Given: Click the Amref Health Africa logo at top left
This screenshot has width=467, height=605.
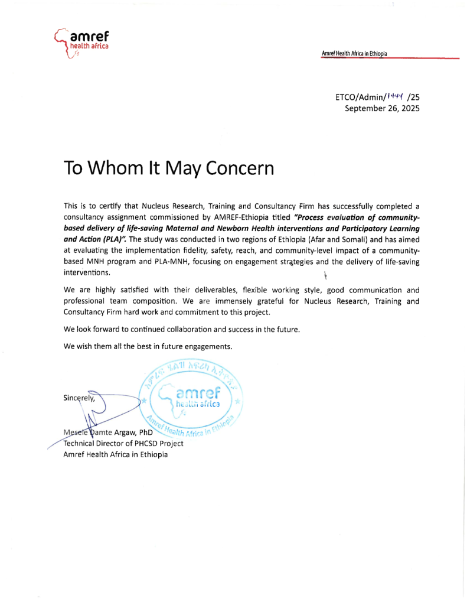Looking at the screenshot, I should pyautogui.click(x=79, y=43).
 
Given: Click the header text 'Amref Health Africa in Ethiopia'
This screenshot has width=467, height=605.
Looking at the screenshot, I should pyautogui.click(x=354, y=54).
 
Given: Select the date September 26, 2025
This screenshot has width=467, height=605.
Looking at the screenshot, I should pyautogui.click(x=382, y=108).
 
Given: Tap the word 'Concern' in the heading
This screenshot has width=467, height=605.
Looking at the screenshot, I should pyautogui.click(x=241, y=168).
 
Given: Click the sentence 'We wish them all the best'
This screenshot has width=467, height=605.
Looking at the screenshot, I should pyautogui.click(x=148, y=346).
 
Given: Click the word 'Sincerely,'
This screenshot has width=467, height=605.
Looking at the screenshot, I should pyautogui.click(x=80, y=398).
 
